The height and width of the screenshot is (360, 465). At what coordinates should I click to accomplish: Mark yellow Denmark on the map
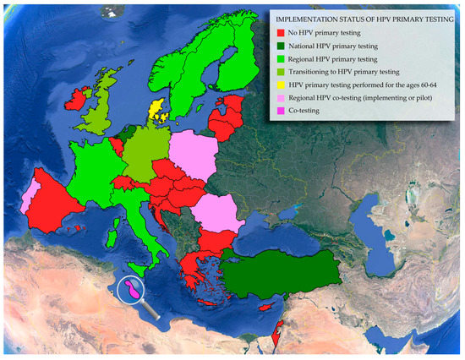tap(156, 111)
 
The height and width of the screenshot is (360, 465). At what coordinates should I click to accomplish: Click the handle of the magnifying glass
tap(151, 311)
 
